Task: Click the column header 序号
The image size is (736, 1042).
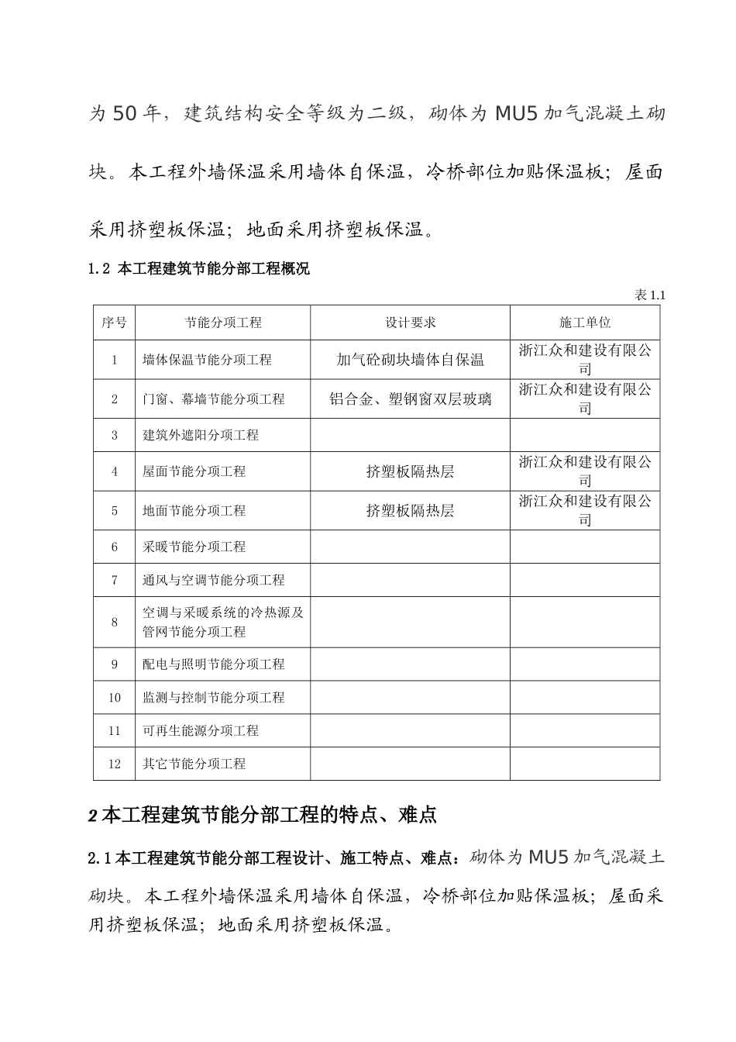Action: click(x=114, y=323)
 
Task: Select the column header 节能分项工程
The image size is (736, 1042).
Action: click(x=223, y=323)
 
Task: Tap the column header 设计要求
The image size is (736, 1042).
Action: click(x=411, y=323)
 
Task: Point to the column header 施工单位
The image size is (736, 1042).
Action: click(x=585, y=323)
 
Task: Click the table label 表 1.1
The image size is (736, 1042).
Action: click(x=649, y=295)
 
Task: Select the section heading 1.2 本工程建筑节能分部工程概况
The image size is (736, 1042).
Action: click(x=199, y=269)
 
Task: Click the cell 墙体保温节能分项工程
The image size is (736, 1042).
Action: click(x=207, y=360)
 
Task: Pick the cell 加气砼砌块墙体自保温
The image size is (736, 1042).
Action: click(x=410, y=360)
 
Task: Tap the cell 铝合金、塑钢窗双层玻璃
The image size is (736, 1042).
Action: click(x=410, y=399)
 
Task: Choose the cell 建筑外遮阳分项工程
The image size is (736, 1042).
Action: click(x=201, y=435)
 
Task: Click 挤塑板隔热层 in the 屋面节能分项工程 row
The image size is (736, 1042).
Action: click(x=410, y=471)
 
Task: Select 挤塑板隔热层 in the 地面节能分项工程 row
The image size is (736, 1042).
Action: click(x=410, y=511)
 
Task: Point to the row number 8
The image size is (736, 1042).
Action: click(x=115, y=622)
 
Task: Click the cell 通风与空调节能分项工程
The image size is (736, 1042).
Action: click(x=214, y=580)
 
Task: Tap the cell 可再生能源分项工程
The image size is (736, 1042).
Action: click(x=201, y=730)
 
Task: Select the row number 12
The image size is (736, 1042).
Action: click(x=115, y=764)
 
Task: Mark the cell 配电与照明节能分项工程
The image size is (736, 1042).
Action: click(x=214, y=664)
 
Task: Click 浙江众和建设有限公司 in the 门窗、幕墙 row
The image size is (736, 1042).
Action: click(x=585, y=399)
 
